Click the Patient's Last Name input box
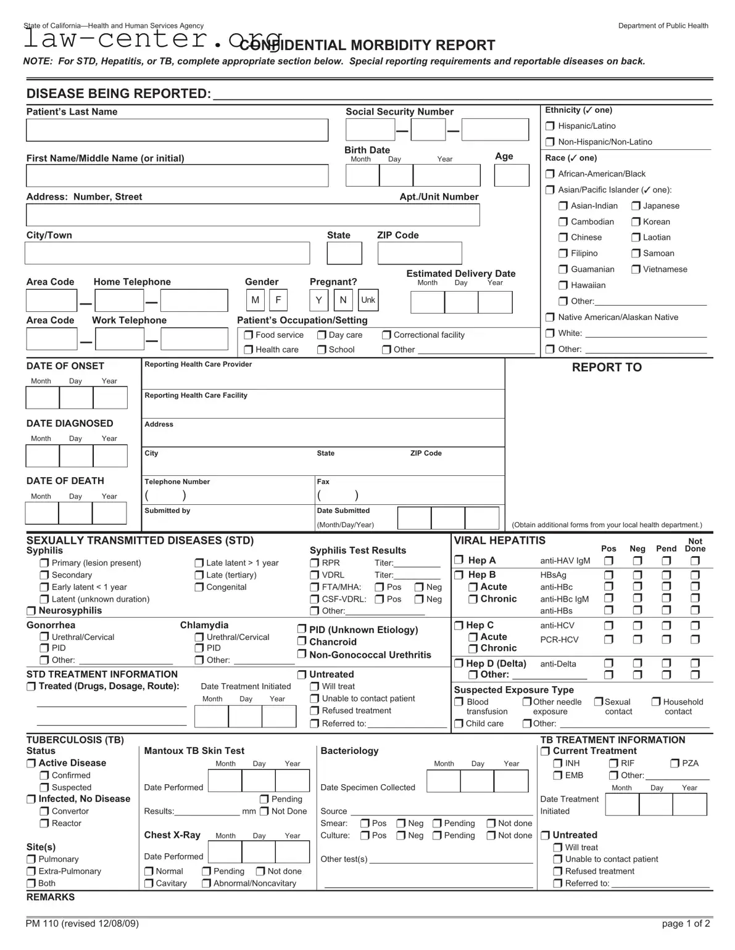176,130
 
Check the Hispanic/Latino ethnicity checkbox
550,126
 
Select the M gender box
255,300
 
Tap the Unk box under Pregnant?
368,300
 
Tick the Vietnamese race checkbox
636,269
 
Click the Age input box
511,176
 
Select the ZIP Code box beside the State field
419,253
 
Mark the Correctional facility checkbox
386,335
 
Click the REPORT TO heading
607,367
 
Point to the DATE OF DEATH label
65,481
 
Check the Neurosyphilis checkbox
31,611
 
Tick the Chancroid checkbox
302,642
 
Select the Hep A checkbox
459,560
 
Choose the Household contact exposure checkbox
656,702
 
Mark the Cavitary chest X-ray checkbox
149,883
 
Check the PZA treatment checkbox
675,763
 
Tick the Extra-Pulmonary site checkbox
31,871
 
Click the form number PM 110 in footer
82,923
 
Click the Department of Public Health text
663,26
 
